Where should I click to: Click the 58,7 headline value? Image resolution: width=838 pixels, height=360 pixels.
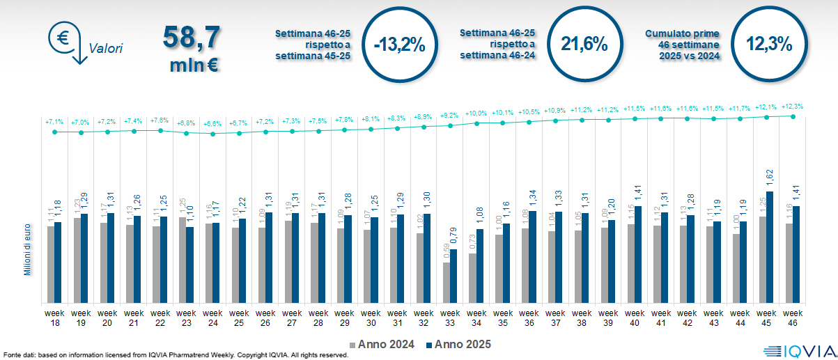(x=192, y=38)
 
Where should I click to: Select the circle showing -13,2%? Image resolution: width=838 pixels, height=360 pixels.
(x=399, y=45)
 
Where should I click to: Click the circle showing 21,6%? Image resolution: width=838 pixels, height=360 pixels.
(x=584, y=45)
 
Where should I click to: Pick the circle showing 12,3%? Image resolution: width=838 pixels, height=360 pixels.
(x=769, y=45)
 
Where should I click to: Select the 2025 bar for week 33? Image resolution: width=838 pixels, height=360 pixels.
(x=454, y=276)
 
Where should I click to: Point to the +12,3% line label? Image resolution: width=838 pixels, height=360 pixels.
(x=793, y=107)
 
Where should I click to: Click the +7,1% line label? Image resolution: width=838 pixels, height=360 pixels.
(x=55, y=122)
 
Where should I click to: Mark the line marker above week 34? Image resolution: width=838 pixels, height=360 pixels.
(x=476, y=123)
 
